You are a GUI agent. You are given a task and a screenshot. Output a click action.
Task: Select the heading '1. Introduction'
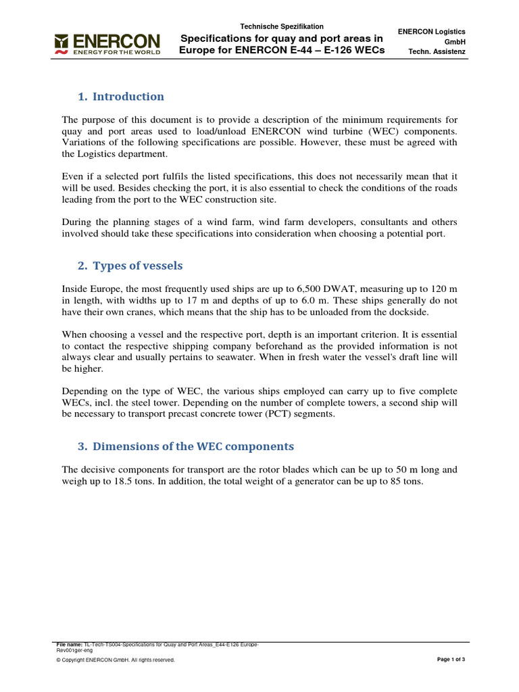pyautogui.click(x=121, y=97)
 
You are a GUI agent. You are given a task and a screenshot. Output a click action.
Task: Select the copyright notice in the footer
pyautogui.click(x=116, y=660)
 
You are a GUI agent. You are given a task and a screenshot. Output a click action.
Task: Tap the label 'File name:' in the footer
pyautogui.click(x=70, y=645)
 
